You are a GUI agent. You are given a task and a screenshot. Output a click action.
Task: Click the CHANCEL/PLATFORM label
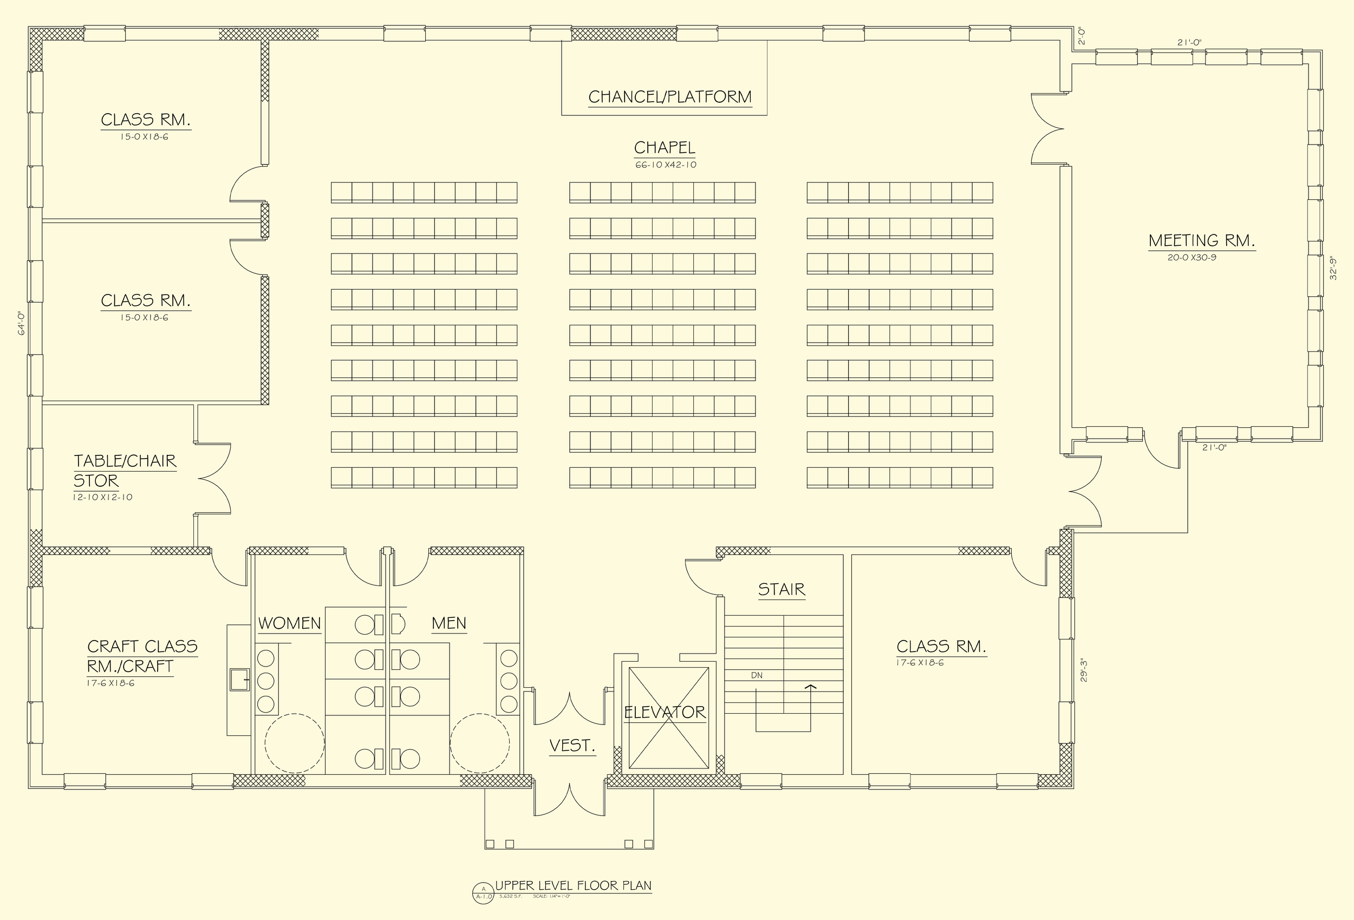(x=669, y=97)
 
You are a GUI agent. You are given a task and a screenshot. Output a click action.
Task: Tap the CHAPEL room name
(x=664, y=148)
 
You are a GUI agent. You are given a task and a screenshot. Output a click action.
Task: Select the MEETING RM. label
(x=1201, y=240)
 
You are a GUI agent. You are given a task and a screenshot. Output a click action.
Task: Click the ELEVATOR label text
(x=664, y=712)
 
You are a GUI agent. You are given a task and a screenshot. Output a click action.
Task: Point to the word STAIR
(x=782, y=590)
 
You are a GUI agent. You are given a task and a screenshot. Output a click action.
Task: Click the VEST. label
(x=572, y=745)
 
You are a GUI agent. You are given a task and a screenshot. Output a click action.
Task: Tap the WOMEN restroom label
(x=290, y=623)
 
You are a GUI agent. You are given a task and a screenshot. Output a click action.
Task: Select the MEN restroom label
(x=448, y=623)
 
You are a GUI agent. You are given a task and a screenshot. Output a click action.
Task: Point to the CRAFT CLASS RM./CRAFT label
(x=141, y=656)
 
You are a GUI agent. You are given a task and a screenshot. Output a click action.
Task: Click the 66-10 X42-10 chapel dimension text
(x=665, y=165)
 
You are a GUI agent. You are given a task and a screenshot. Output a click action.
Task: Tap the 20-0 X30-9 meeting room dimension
(x=1192, y=258)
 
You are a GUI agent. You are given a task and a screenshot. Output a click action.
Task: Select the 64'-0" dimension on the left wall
(x=21, y=323)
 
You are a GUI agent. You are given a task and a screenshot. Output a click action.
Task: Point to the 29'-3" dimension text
(x=1083, y=670)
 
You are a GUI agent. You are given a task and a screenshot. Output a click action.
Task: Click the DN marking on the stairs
(x=756, y=676)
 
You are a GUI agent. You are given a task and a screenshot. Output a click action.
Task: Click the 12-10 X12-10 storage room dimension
(x=102, y=498)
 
